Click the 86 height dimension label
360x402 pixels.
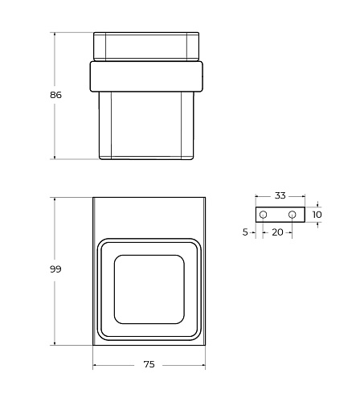click(x=55, y=95)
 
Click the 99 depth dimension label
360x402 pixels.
click(x=55, y=269)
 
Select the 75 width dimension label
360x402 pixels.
click(x=149, y=364)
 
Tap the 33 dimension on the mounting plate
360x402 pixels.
click(x=280, y=195)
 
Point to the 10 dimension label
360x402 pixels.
click(x=317, y=215)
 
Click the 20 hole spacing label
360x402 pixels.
click(x=277, y=232)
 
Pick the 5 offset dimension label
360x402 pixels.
click(x=245, y=232)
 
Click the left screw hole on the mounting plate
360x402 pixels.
click(x=263, y=215)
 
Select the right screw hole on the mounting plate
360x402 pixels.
click(x=292, y=215)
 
